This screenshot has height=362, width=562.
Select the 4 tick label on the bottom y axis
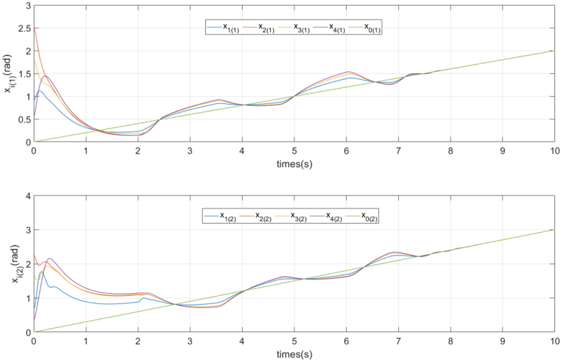pyautogui.click(x=28, y=196)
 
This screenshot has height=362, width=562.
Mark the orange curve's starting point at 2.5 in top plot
pyautogui.click(x=34, y=28)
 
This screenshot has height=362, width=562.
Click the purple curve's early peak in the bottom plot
pyautogui.click(x=50, y=259)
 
